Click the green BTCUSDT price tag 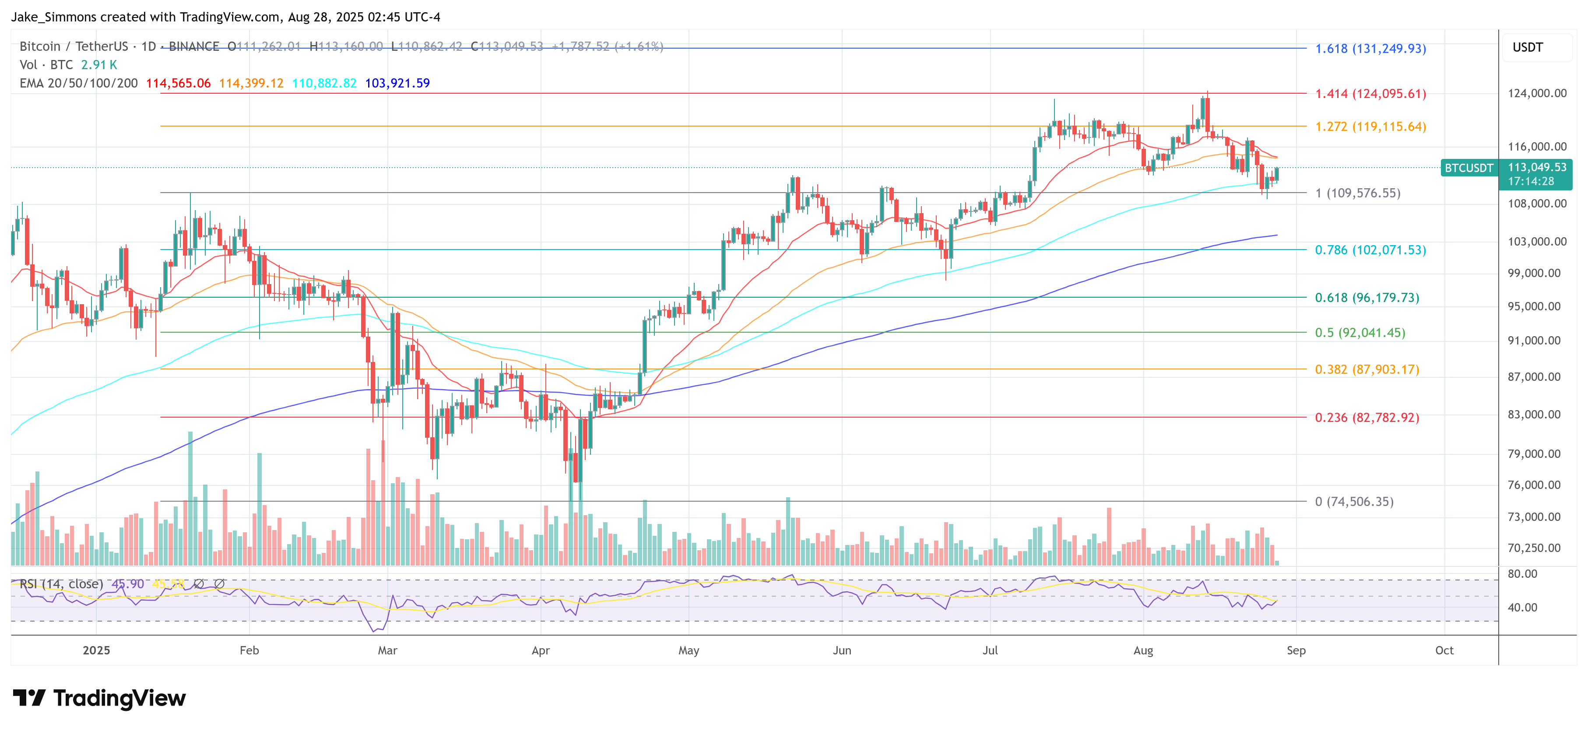tap(1469, 168)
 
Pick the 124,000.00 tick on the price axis tap(1536, 93)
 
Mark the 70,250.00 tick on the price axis tap(1534, 547)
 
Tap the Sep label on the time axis tap(1296, 650)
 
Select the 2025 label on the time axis tap(96, 650)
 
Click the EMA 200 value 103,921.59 tap(397, 83)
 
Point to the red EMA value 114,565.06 tap(178, 83)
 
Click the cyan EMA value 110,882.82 tap(324, 83)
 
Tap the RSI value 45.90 tap(128, 583)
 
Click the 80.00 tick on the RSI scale tap(1522, 574)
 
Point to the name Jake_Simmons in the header tap(54, 17)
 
